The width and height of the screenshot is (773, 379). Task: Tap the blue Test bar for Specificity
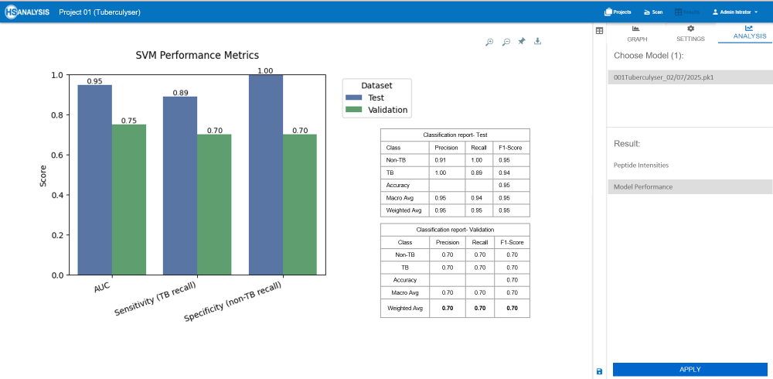pyautogui.click(x=265, y=175)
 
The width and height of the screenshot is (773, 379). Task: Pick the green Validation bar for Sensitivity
pyautogui.click(x=214, y=204)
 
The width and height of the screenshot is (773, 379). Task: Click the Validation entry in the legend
pyautogui.click(x=386, y=110)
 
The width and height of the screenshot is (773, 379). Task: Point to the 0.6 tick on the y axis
pyautogui.click(x=58, y=155)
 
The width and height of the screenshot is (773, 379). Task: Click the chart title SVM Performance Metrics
pyautogui.click(x=197, y=55)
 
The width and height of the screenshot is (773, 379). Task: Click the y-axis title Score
pyautogui.click(x=43, y=174)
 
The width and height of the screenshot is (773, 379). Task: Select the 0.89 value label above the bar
pyautogui.click(x=180, y=92)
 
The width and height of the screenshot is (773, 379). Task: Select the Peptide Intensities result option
pyautogui.click(x=641, y=165)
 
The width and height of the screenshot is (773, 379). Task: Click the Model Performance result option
pyautogui.click(x=643, y=186)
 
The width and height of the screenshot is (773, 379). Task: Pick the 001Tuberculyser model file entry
pyautogui.click(x=663, y=77)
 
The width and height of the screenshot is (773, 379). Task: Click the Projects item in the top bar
pyautogui.click(x=618, y=12)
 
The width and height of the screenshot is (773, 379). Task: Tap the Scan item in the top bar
pyautogui.click(x=652, y=12)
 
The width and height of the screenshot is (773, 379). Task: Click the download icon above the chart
pyautogui.click(x=537, y=41)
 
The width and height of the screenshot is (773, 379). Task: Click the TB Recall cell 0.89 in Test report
pyautogui.click(x=479, y=172)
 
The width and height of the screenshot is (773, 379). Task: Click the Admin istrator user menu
pyautogui.click(x=735, y=12)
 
